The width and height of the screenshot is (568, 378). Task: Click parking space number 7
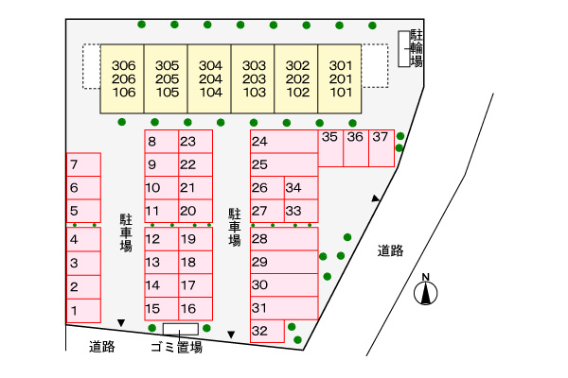83,164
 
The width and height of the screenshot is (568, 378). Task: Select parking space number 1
83,310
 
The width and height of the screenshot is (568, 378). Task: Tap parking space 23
194,142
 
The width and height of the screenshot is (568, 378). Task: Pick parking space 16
194,309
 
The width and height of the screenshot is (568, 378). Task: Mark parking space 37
381,137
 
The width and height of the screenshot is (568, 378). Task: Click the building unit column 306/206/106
123,79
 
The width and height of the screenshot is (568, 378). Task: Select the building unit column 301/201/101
341,79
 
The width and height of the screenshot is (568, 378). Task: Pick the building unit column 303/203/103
254,79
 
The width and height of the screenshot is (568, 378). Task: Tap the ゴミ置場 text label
177,348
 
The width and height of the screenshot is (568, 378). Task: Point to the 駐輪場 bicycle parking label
416,48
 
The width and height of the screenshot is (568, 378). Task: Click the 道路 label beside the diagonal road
390,250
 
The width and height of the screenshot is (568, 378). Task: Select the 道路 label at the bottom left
101,347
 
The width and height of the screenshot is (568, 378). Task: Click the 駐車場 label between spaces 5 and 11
125,232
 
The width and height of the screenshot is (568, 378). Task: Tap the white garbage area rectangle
180,329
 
